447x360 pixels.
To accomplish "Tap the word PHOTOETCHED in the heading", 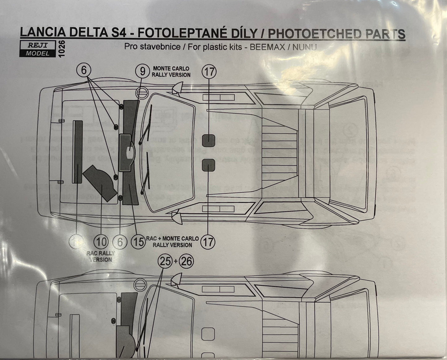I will [x=310, y=34].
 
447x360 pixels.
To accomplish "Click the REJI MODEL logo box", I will [x=38, y=49].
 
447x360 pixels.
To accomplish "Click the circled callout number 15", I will [x=138, y=241].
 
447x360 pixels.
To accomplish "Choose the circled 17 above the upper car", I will [x=209, y=72].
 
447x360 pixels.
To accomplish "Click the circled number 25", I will [x=166, y=262].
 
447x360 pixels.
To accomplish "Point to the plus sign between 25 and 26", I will [x=176, y=262].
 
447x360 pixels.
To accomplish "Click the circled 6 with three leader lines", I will [x=84, y=71].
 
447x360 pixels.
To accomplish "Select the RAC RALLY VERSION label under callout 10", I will [x=101, y=256].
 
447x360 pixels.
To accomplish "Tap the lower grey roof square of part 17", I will [x=208, y=164].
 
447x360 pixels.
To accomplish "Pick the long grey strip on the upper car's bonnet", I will [x=77, y=152].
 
